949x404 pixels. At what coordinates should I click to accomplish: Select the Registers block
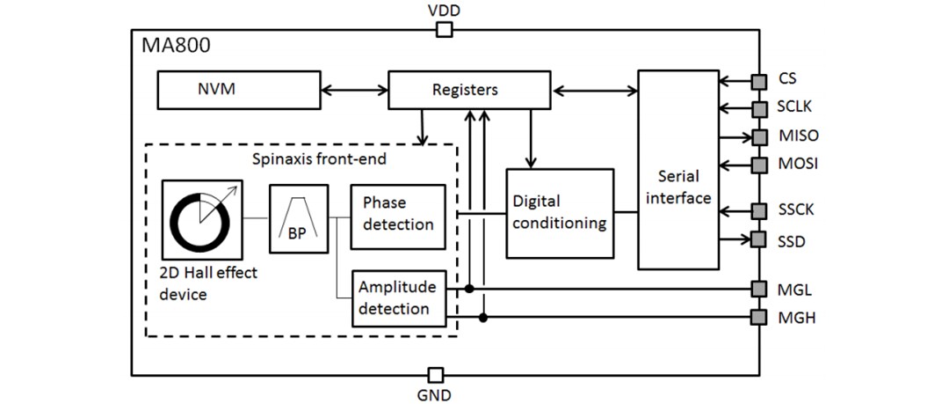coord(465,90)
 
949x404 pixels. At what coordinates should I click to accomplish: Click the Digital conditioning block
coord(559,212)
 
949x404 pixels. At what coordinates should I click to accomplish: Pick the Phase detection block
coord(398,213)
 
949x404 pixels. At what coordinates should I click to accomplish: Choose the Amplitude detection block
coord(398,297)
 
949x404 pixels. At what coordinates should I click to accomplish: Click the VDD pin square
coord(445,30)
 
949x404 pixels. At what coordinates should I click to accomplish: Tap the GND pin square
coord(433,374)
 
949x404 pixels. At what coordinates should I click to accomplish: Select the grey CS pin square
coord(757,81)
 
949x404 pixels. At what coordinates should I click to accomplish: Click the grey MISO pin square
coord(757,137)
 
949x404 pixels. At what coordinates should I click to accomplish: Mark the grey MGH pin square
coord(757,317)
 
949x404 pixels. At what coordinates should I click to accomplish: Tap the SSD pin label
coord(793,239)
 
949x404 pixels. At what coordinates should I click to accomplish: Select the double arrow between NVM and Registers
coord(354,89)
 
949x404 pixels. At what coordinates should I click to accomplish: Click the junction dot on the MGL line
coord(470,289)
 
